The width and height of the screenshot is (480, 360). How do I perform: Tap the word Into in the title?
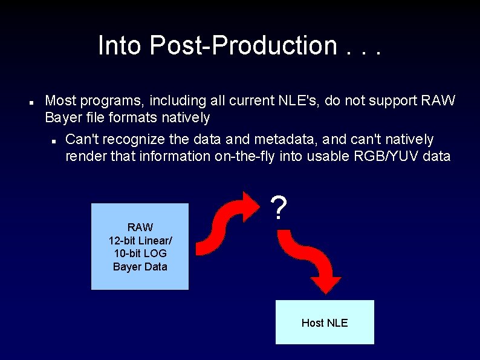(x=120, y=45)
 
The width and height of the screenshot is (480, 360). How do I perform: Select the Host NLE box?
(x=325, y=322)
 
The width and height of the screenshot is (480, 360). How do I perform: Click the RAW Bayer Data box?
(x=140, y=246)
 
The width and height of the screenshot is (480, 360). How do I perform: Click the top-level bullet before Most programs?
(x=30, y=101)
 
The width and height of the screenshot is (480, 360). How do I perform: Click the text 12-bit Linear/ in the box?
(x=140, y=240)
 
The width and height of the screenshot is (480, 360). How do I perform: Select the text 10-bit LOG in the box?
(x=140, y=254)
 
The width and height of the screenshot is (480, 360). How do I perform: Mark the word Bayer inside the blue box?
(x=126, y=267)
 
